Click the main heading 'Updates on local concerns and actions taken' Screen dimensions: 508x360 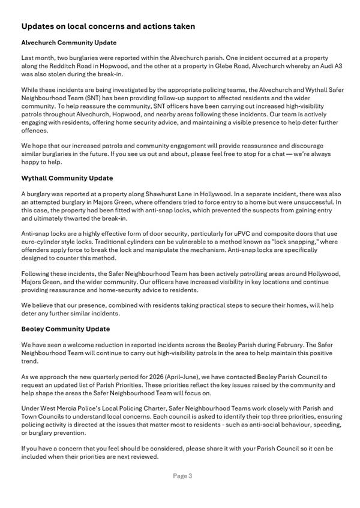pyautogui.click(x=108, y=27)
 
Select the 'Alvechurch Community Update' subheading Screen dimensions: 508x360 pyautogui.click(x=69, y=43)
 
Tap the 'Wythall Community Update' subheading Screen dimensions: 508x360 pyautogui.click(x=67, y=179)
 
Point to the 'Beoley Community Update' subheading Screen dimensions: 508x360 pyautogui.click(x=65, y=329)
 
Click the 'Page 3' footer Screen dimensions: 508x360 pyautogui.click(x=182, y=476)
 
